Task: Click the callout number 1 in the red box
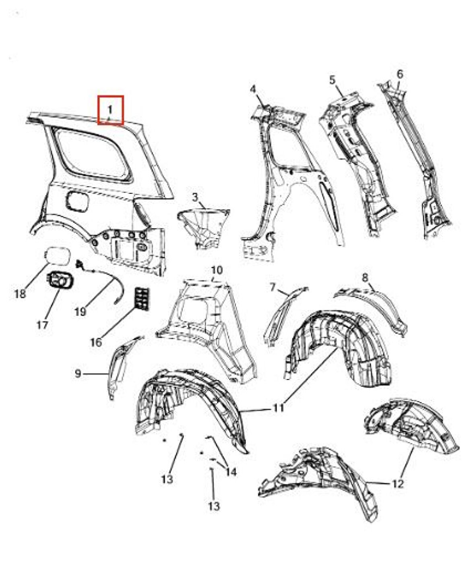coord(110,110)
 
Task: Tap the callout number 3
coord(195,197)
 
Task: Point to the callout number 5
coord(332,80)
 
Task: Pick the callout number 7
coord(273,288)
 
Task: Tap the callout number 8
coord(365,278)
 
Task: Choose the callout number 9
coord(78,373)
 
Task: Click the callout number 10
coord(217,270)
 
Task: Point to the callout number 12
coord(398,483)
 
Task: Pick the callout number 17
coord(42,325)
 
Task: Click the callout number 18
coord(20,294)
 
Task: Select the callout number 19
coord(81,312)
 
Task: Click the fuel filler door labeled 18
coord(57,257)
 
